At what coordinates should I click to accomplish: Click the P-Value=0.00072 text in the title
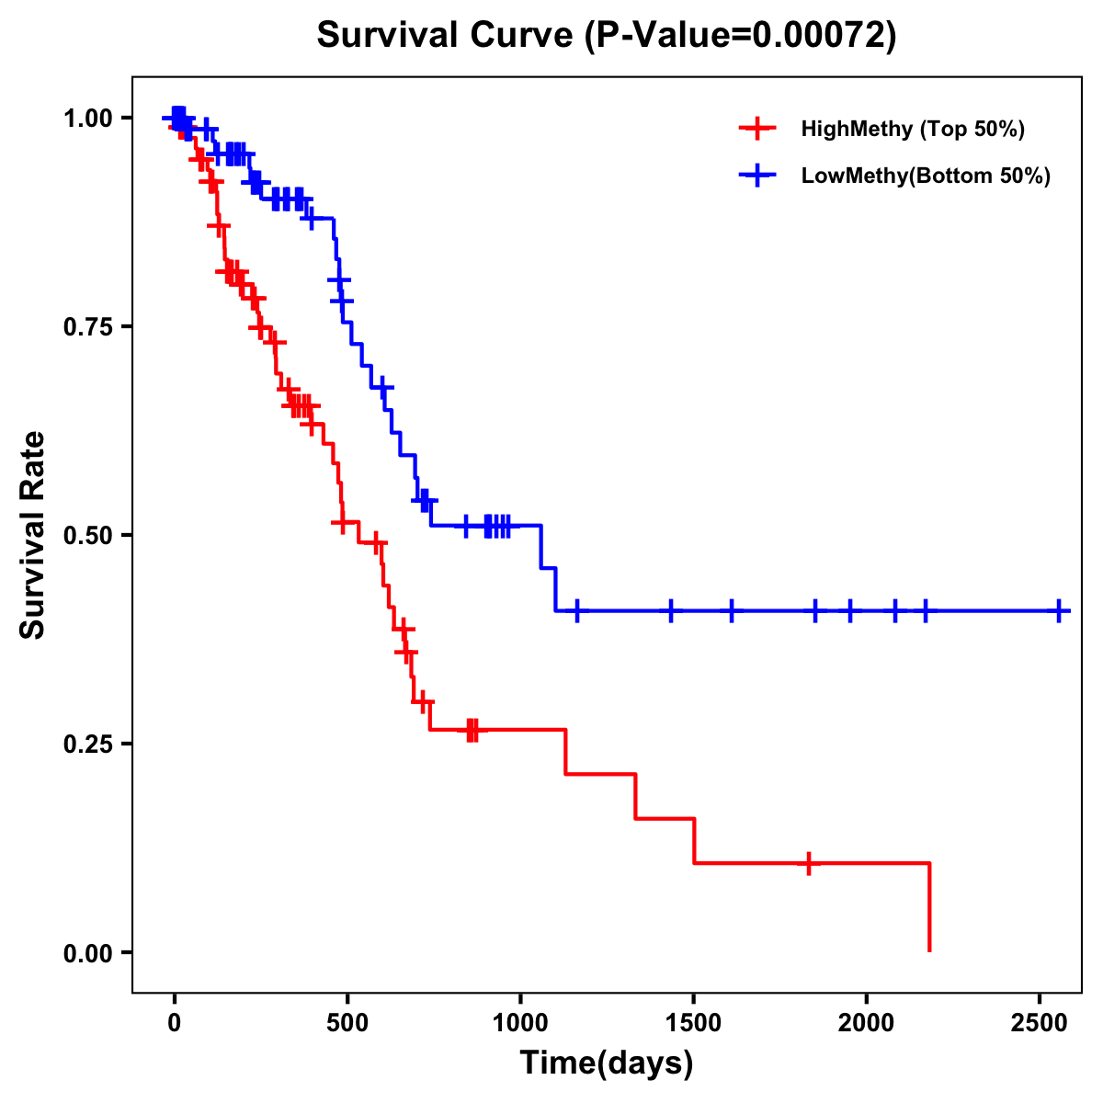coord(740,36)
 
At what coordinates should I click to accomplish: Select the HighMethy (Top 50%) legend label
coord(912,129)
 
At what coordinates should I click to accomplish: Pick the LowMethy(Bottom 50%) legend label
coord(926,176)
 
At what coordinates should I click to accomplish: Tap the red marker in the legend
coord(756,129)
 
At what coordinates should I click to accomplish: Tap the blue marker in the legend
coord(756,176)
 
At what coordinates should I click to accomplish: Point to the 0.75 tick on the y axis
coord(88,327)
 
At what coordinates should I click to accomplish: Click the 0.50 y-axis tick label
coord(88,536)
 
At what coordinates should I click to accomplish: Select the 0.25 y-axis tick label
coord(88,745)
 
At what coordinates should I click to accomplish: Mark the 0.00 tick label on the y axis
coord(88,953)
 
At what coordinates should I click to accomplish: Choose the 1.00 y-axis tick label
coord(88,119)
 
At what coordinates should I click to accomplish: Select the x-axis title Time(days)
coord(607,1063)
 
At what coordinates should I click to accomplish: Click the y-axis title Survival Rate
coord(33,535)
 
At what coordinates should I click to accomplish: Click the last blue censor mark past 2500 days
coord(1060,610)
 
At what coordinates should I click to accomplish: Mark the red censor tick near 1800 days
coord(808,863)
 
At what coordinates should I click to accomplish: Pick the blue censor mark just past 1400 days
coord(671,610)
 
